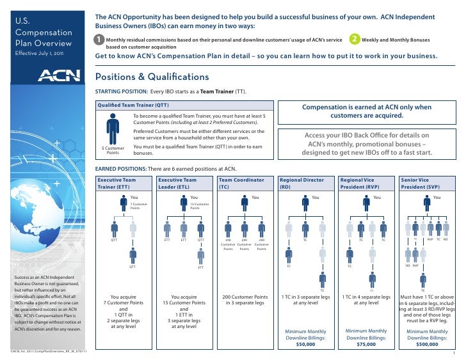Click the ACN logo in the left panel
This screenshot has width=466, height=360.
click(x=59, y=75)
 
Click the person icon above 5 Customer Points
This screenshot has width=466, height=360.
click(x=113, y=129)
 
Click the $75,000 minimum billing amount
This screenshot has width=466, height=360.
click(x=366, y=343)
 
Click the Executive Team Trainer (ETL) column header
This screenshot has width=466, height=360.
click(x=116, y=184)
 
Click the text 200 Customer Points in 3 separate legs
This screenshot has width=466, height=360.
click(x=245, y=301)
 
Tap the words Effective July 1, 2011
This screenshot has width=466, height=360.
click(x=38, y=52)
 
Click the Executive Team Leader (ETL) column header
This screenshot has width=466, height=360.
click(x=178, y=184)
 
